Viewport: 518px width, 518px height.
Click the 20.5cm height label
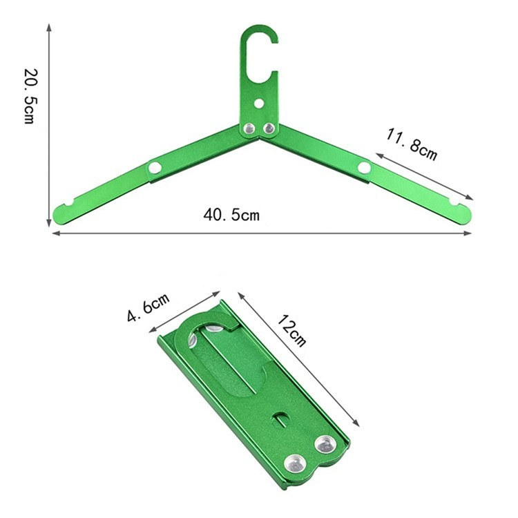[x=30, y=96]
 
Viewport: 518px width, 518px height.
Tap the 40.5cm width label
[x=231, y=215]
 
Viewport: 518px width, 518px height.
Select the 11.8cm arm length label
[x=412, y=145]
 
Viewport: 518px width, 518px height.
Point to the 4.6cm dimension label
[x=148, y=307]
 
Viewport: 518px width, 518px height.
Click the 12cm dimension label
[x=291, y=331]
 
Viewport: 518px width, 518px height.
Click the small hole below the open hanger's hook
[x=259, y=104]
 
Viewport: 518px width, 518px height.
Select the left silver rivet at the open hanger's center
[x=249, y=128]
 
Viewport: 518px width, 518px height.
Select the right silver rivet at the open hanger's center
[x=269, y=128]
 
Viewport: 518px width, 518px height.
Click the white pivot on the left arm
[x=155, y=168]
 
